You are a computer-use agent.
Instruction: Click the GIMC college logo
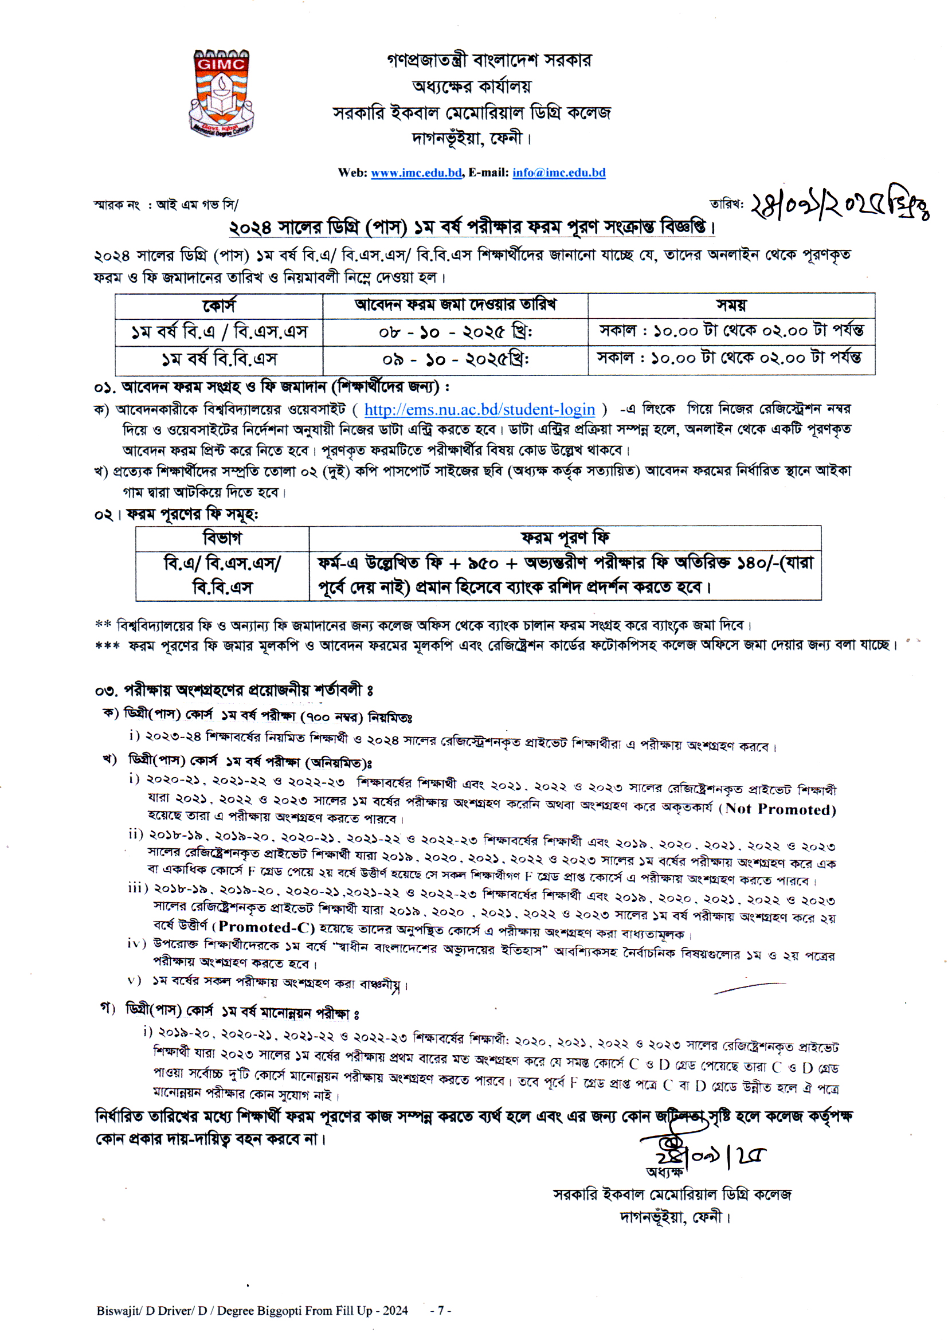coord(221,93)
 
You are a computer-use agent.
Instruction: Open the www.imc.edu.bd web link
coord(416,173)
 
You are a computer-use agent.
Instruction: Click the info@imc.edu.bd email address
coord(559,173)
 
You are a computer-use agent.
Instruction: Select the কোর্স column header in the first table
coord(219,306)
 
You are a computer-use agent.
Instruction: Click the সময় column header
coord(731,305)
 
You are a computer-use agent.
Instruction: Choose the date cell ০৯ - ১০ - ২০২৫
coord(455,359)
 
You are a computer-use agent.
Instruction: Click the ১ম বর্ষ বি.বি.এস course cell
coord(219,359)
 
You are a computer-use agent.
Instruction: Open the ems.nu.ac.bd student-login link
coord(479,410)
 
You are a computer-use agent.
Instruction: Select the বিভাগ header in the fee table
coord(222,538)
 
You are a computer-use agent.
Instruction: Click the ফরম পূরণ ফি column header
coord(565,538)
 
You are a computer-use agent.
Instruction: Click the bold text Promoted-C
coord(266,927)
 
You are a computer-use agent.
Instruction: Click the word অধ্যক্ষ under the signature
coord(664,1172)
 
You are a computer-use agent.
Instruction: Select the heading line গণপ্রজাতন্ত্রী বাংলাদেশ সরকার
coord(488,61)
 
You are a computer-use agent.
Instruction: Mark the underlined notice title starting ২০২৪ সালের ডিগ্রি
coord(472,227)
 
